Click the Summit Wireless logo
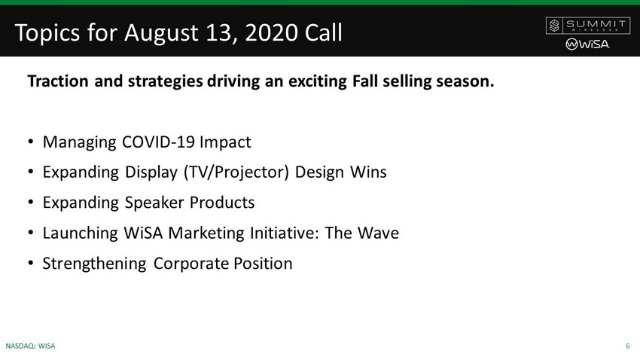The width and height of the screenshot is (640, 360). (x=588, y=26)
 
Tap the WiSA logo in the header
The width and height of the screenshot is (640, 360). (x=588, y=44)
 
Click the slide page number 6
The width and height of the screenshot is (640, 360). (x=628, y=346)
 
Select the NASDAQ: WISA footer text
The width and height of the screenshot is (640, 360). (x=30, y=346)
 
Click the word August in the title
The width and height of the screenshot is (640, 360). (x=161, y=33)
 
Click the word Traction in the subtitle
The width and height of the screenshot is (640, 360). (x=58, y=81)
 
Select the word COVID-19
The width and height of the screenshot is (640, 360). (x=158, y=142)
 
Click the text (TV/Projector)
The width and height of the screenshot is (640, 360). (x=236, y=172)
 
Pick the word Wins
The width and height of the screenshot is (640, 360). (x=369, y=172)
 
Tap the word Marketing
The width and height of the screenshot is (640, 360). (x=206, y=233)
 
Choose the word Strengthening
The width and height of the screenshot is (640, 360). (x=94, y=264)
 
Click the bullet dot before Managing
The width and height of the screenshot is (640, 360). (x=31, y=142)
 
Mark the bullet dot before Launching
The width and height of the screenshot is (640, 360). (x=31, y=233)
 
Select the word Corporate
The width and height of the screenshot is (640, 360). (x=190, y=264)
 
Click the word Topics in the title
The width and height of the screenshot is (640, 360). (x=47, y=33)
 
